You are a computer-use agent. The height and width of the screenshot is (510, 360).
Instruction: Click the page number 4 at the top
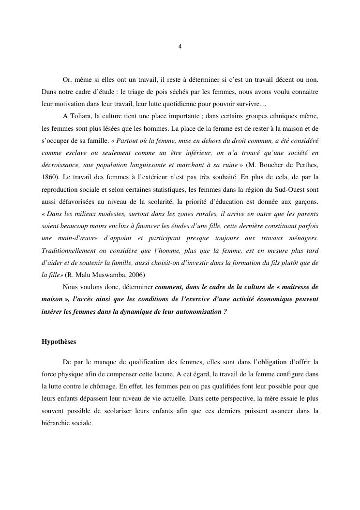coord(180,47)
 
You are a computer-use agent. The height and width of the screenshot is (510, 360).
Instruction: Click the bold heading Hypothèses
coord(59,341)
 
